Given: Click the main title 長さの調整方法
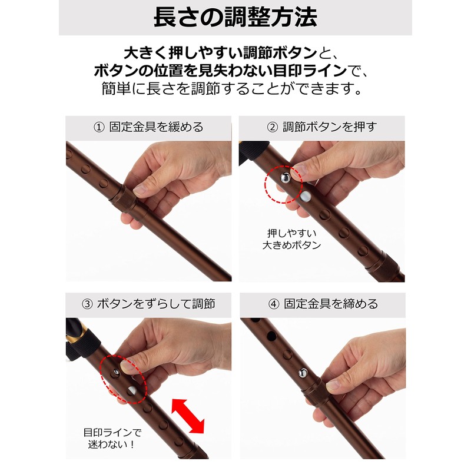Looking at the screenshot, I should pyautogui.click(x=235, y=17).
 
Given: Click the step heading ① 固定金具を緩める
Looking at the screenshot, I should pyautogui.click(x=149, y=127).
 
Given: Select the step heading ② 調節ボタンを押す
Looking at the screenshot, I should pyautogui.click(x=321, y=127).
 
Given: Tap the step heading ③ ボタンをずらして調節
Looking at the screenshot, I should pyautogui.click(x=149, y=304).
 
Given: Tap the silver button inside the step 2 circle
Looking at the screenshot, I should pyautogui.click(x=284, y=176).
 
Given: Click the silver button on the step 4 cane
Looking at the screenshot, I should pyautogui.click(x=303, y=372).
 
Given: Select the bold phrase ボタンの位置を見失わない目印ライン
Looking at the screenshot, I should pyautogui.click(x=218, y=71).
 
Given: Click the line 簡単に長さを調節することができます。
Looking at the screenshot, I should pyautogui.click(x=235, y=90).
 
